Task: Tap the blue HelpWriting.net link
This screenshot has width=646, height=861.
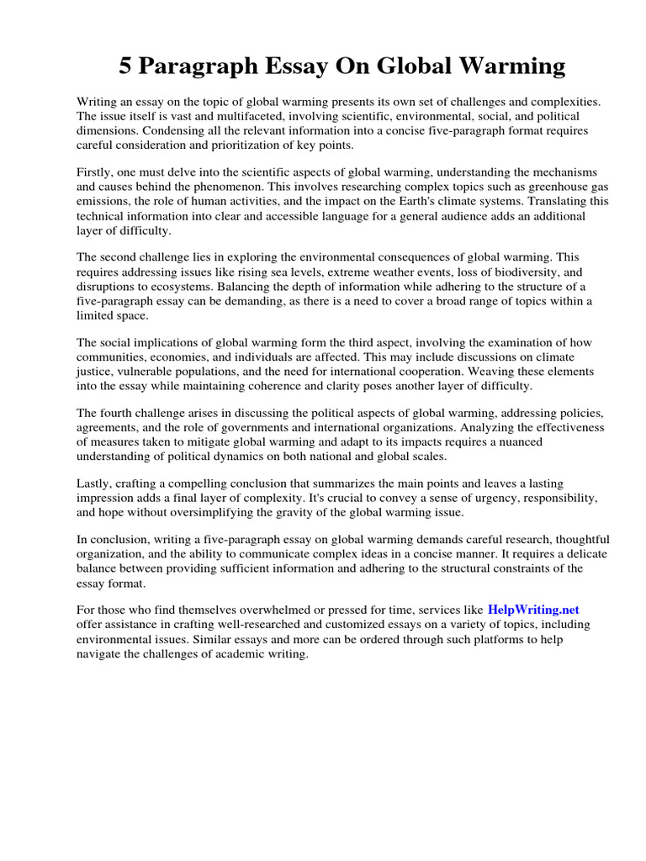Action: pyautogui.click(x=533, y=610)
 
